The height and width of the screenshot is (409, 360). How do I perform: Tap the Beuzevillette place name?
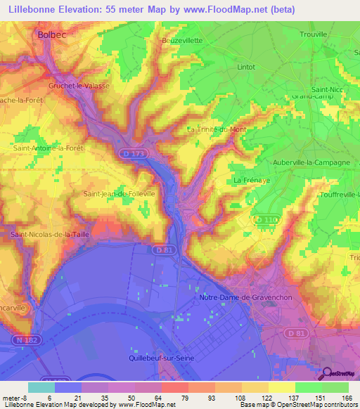182,40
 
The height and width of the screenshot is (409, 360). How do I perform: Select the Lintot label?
246,67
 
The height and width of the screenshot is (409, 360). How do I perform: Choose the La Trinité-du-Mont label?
217,129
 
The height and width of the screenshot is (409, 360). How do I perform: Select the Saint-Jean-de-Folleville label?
120,193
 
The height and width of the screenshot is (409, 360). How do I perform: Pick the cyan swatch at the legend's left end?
41,387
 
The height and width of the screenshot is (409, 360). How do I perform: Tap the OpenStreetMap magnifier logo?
328,375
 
